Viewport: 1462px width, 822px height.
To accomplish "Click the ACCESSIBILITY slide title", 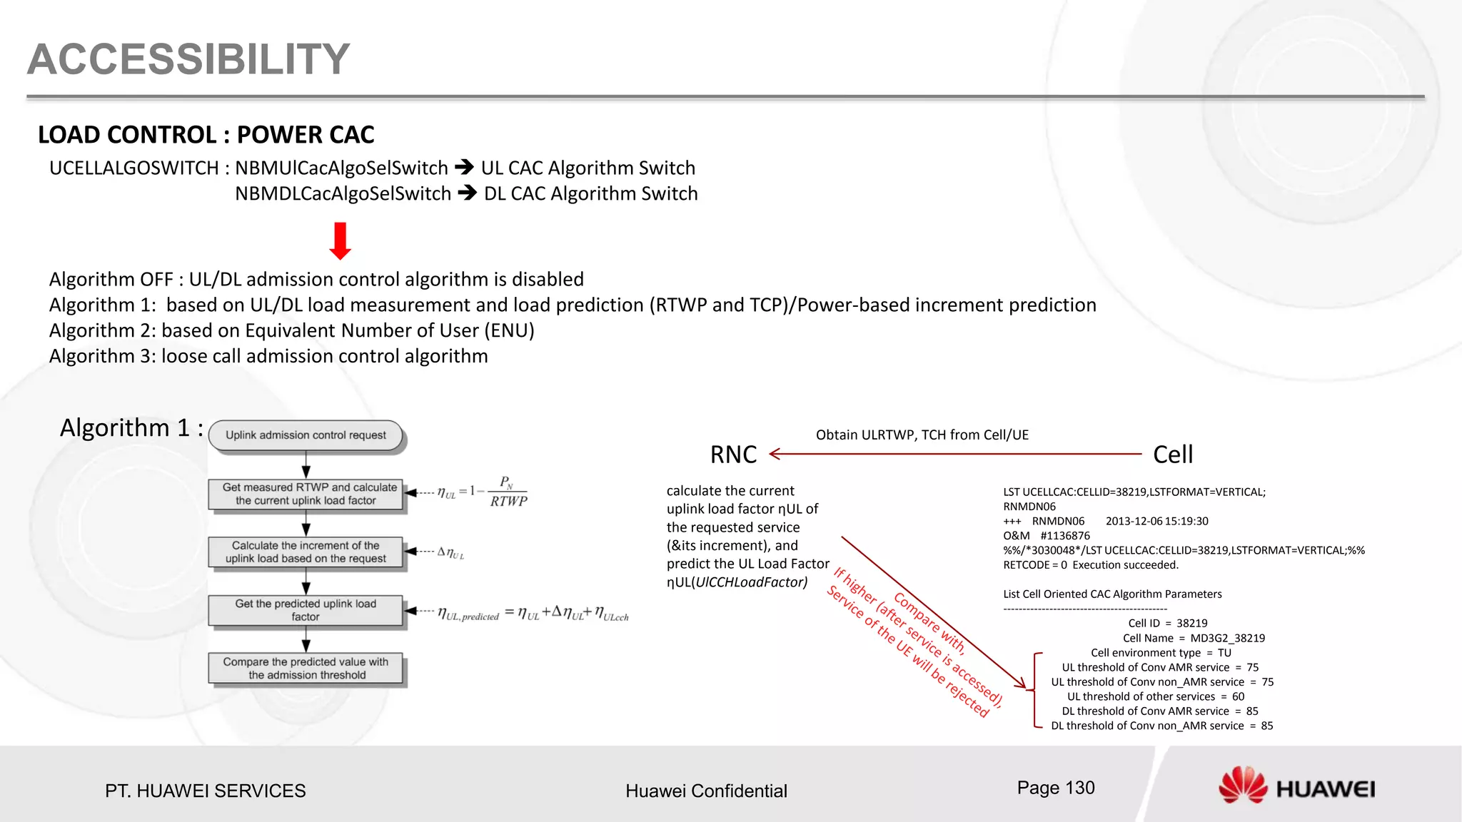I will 188,59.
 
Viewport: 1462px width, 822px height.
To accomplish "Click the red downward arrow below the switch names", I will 341,241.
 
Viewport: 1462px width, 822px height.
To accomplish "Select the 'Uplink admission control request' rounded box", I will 306,435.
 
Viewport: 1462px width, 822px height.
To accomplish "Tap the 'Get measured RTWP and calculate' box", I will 306,494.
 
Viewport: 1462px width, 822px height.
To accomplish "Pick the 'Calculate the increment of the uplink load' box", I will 306,552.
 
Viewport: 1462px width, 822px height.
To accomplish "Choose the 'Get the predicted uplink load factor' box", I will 306,610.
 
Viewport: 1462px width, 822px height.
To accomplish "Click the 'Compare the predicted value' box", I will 306,669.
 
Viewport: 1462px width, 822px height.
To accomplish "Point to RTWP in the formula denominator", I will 508,502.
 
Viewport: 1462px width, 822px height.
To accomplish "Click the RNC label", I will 733,455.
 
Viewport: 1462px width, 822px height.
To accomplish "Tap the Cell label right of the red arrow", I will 1173,455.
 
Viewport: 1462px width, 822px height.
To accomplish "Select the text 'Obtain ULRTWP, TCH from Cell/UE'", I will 922,435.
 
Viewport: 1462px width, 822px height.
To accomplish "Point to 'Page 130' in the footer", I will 1056,788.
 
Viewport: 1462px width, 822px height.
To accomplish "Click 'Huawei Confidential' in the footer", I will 706,791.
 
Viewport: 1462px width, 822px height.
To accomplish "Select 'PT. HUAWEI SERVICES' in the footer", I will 206,791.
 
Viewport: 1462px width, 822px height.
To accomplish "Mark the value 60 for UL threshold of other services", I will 1238,696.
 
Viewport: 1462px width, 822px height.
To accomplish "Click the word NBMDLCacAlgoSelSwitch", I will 343,193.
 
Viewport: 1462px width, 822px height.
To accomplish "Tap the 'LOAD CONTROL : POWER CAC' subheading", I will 206,135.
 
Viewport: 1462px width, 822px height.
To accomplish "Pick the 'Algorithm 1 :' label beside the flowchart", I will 131,427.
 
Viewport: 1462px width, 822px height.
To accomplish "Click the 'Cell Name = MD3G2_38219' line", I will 1194,638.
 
